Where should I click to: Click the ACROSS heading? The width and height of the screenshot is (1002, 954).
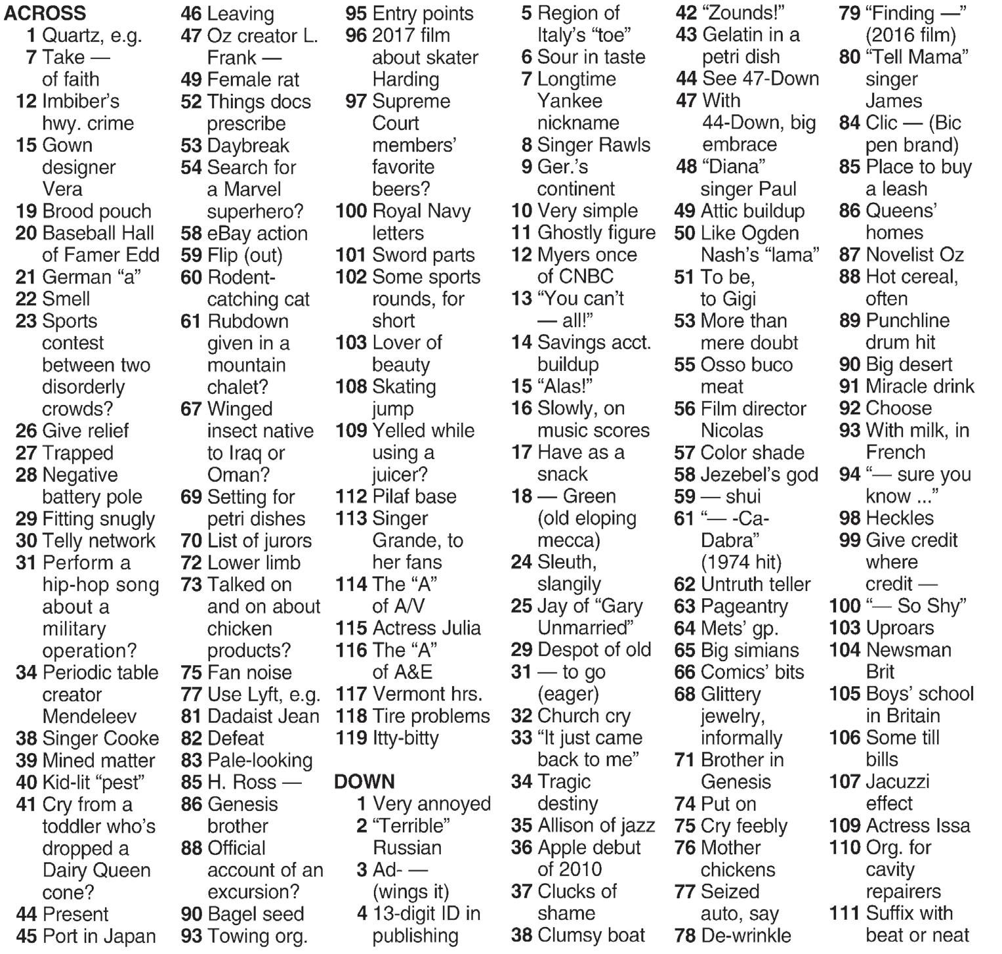coord(45,12)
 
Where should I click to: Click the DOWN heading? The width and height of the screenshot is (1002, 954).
coord(364,781)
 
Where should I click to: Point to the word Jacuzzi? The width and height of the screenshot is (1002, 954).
coord(897,781)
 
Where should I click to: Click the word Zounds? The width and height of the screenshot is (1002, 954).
coord(743,12)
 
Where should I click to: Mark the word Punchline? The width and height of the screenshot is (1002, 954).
coord(908,320)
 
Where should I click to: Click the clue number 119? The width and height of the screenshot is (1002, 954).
coord(351,738)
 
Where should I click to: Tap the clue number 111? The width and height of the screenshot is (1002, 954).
coord(845,913)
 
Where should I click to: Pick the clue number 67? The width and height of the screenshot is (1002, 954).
coord(191,408)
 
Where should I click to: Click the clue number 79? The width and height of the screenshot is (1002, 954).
coord(849,12)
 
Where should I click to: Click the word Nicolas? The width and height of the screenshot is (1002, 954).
coord(732,431)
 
